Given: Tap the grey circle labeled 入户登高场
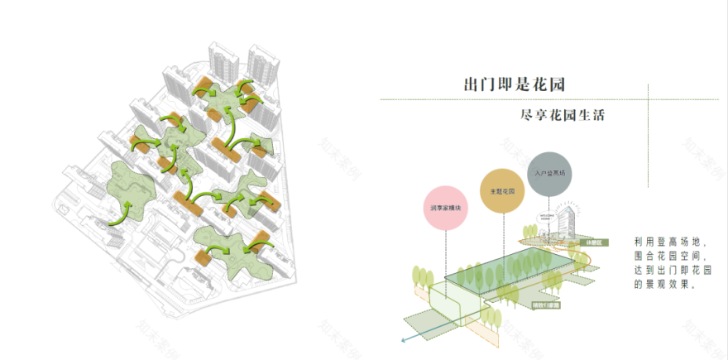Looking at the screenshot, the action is click(545, 173).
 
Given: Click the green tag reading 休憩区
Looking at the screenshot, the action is click(595, 243).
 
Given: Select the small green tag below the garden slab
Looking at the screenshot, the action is click(547, 305).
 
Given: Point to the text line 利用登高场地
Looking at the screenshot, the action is click(667, 242).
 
